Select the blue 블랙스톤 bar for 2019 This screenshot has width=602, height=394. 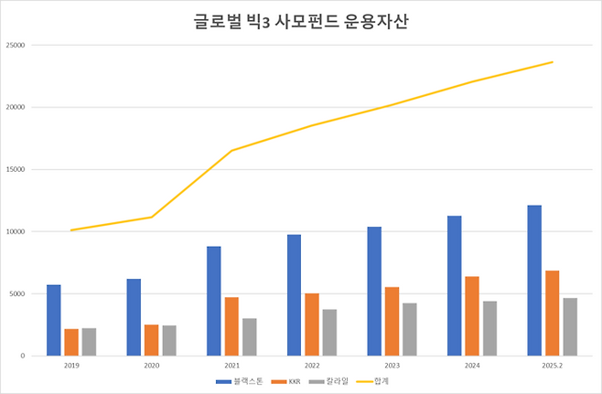[x=54, y=320]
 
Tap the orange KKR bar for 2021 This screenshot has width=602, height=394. [x=231, y=326]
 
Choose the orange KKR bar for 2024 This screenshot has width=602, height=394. [x=471, y=315]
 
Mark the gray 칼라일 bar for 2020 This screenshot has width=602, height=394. [x=169, y=340]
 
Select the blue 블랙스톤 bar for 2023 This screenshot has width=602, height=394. [x=374, y=291]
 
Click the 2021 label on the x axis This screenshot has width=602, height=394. [x=231, y=366]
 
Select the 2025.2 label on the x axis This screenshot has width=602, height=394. [x=552, y=366]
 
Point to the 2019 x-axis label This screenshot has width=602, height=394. [x=71, y=366]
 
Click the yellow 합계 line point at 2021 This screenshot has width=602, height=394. [x=231, y=150]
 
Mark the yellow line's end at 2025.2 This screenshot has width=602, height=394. [x=552, y=62]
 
